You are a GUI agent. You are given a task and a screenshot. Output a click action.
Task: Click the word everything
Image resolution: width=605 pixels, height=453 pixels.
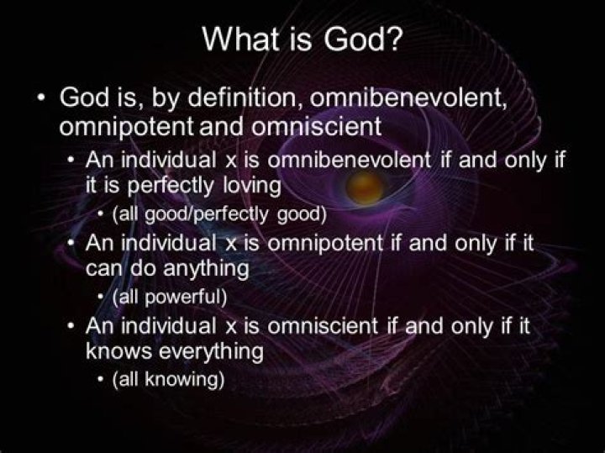(212, 350)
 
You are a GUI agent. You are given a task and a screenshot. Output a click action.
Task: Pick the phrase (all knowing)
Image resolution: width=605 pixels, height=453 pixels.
(168, 378)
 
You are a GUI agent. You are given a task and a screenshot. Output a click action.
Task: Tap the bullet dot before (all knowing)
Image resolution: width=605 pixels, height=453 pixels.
(102, 378)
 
